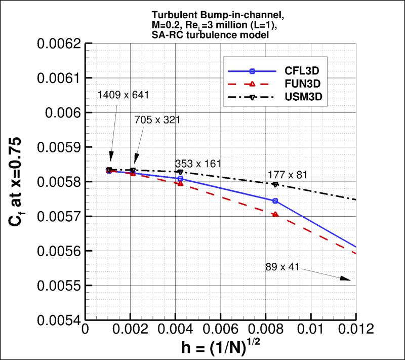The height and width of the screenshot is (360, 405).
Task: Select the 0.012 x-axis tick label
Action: (x=354, y=329)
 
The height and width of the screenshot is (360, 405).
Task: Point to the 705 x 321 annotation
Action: (x=157, y=120)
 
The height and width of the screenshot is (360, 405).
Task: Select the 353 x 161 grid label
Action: (x=199, y=164)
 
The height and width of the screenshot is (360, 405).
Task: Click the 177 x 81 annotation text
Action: (x=287, y=175)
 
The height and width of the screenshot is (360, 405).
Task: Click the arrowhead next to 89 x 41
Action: (x=346, y=278)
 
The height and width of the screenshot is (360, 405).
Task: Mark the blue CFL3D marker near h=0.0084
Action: (x=275, y=201)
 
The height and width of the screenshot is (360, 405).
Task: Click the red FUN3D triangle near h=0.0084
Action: (x=275, y=215)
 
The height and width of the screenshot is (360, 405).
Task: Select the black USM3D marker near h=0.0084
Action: (x=275, y=184)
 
